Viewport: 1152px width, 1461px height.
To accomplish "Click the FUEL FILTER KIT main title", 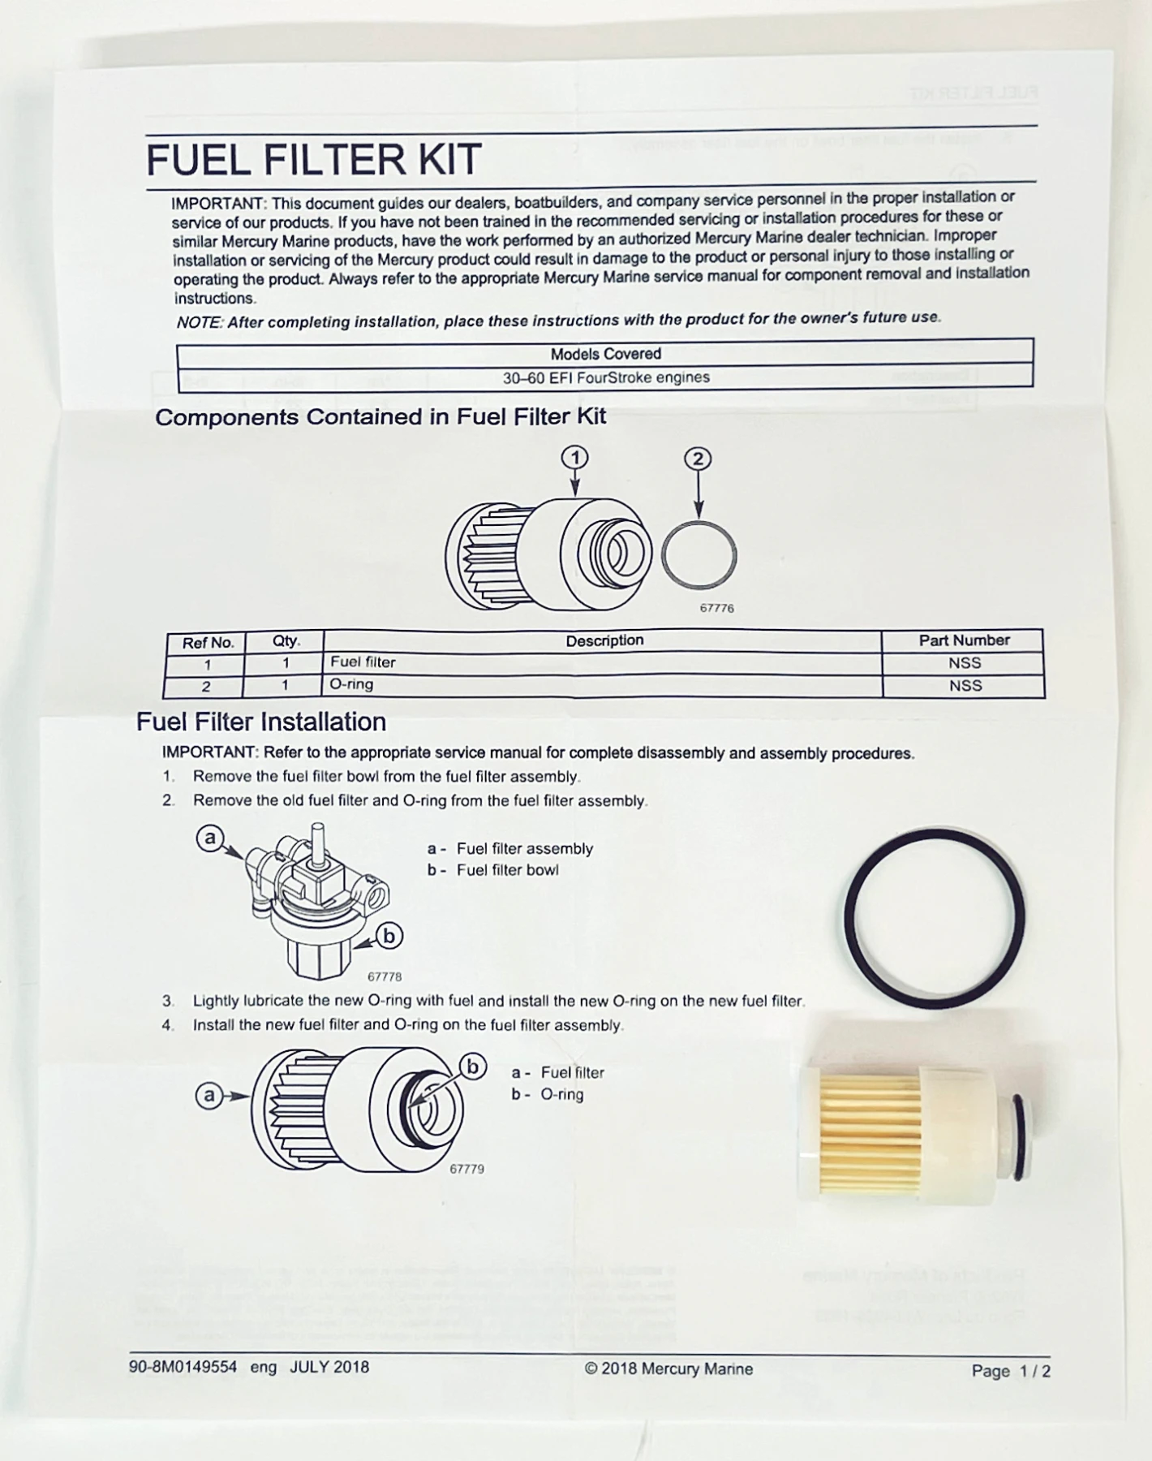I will click(x=314, y=160).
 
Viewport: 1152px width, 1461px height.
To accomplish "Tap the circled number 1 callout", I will click(x=575, y=458).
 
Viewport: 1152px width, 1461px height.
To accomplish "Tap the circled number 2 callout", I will click(x=698, y=459).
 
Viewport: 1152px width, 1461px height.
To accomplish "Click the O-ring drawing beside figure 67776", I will click(x=699, y=556).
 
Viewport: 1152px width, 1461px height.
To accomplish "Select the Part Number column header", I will click(x=964, y=640).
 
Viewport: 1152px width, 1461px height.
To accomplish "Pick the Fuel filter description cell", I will click(x=363, y=662).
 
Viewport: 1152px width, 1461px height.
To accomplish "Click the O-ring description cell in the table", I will click(x=351, y=684).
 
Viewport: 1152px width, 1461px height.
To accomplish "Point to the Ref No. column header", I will click(x=208, y=643).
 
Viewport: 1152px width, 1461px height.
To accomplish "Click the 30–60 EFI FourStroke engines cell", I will click(x=605, y=377).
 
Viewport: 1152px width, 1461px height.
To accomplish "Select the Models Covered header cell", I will click(x=605, y=354).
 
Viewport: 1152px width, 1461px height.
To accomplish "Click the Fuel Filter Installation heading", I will click(x=261, y=722).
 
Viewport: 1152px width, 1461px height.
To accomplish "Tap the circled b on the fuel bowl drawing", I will click(x=389, y=937).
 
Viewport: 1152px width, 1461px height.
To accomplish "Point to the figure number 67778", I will click(x=385, y=977).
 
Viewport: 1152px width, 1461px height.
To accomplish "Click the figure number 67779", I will click(x=466, y=1169).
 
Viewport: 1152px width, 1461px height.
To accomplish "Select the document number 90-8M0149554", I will click(x=183, y=1367).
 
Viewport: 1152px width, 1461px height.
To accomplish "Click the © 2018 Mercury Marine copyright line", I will click(x=668, y=1369).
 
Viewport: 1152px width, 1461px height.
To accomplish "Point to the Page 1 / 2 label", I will click(x=1011, y=1371).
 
